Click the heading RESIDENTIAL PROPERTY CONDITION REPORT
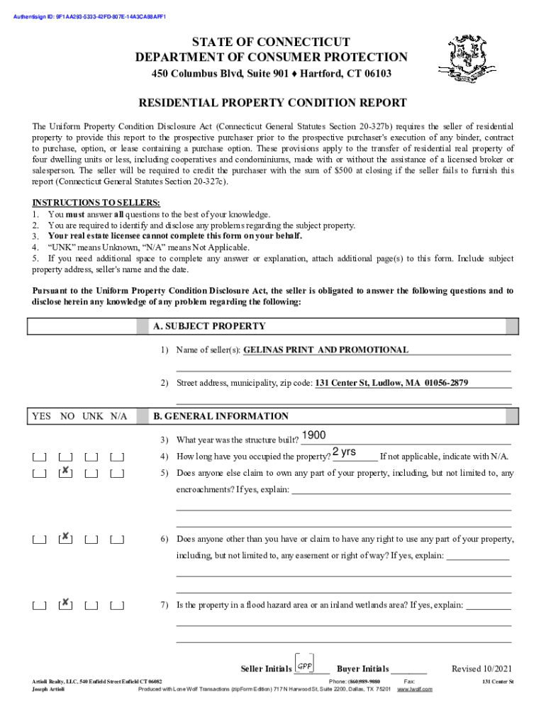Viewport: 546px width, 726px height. pyautogui.click(x=272, y=103)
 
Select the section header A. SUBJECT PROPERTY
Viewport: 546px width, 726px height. pyautogui.click(x=210, y=326)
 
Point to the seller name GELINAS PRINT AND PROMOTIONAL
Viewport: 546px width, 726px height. pyautogui.click(x=326, y=350)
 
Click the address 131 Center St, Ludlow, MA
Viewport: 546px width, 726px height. pyautogui.click(x=391, y=383)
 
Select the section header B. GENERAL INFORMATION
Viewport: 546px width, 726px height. pyautogui.click(x=221, y=416)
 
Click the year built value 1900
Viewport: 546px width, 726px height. pyautogui.click(x=313, y=436)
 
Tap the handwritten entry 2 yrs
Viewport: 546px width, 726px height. pyautogui.click(x=344, y=452)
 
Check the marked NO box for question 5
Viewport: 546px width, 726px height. pyautogui.click(x=65, y=472)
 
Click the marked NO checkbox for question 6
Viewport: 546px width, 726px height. pyautogui.click(x=65, y=538)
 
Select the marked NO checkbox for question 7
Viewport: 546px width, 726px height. pyautogui.click(x=65, y=604)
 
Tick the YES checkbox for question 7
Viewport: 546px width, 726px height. pyautogui.click(x=39, y=605)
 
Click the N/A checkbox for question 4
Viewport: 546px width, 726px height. pyautogui.click(x=118, y=457)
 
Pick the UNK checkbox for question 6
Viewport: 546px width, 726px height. pyautogui.click(x=91, y=540)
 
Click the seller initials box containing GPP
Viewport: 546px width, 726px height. pyautogui.click(x=305, y=665)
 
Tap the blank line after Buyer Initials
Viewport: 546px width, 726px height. pyautogui.click(x=409, y=669)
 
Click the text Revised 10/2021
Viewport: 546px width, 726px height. pyautogui.click(x=482, y=669)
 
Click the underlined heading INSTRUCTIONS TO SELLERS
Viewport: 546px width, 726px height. pyautogui.click(x=86, y=203)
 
